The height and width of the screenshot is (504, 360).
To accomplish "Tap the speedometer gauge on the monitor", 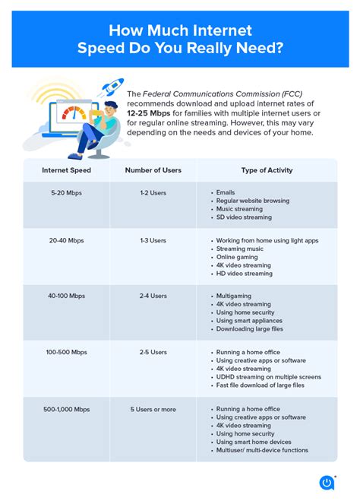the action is [x=74, y=114].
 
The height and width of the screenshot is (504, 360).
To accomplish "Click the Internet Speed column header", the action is [x=66, y=170].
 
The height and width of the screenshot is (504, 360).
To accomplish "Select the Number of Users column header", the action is [x=153, y=170].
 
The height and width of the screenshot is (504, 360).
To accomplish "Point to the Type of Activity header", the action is [x=267, y=170].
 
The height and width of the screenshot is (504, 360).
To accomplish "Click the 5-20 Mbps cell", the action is [x=66, y=193].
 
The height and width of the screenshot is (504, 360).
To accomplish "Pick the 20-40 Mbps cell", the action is [x=66, y=240].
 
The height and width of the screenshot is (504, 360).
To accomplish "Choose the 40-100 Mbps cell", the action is [x=66, y=295].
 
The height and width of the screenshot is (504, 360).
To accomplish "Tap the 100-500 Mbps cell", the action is [x=66, y=352].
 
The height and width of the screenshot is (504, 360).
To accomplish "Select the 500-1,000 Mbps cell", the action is [x=66, y=409].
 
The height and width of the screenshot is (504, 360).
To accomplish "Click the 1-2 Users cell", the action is [x=153, y=193].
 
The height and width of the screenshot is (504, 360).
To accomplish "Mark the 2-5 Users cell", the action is [x=153, y=352].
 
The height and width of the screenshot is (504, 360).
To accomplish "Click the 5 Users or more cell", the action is [x=153, y=409].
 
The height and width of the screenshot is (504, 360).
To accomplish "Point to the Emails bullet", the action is [x=226, y=193].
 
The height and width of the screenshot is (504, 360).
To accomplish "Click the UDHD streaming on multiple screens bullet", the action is [x=268, y=377].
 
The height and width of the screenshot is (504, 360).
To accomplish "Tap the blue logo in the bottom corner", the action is [x=327, y=481].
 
